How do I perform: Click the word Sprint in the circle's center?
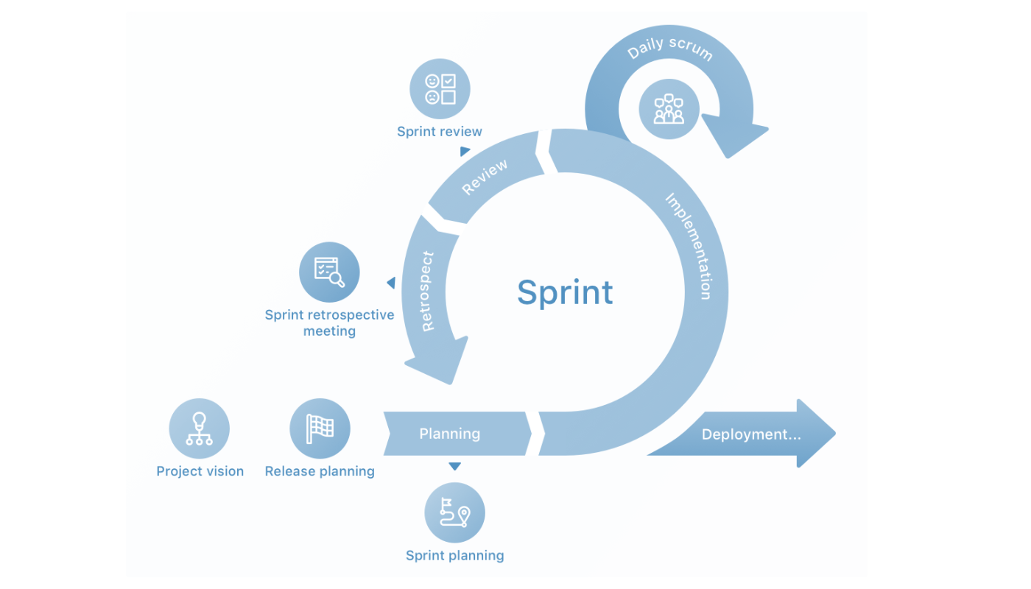(x=565, y=292)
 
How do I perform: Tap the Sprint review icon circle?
(x=440, y=89)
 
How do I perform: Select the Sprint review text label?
(x=440, y=132)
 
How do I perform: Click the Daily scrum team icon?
(x=669, y=109)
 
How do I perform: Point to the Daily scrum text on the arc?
(x=669, y=48)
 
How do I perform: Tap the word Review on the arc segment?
(x=485, y=177)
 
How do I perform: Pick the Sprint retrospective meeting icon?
(x=329, y=272)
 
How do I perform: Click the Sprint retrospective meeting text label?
(x=329, y=322)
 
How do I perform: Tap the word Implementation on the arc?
(x=689, y=246)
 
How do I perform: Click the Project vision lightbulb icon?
(x=199, y=428)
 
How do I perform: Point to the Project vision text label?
(x=200, y=471)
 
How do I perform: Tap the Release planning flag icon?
(x=320, y=428)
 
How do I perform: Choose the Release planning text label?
(x=320, y=471)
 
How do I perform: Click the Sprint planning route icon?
(x=454, y=512)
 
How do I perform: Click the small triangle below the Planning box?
(x=454, y=466)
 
